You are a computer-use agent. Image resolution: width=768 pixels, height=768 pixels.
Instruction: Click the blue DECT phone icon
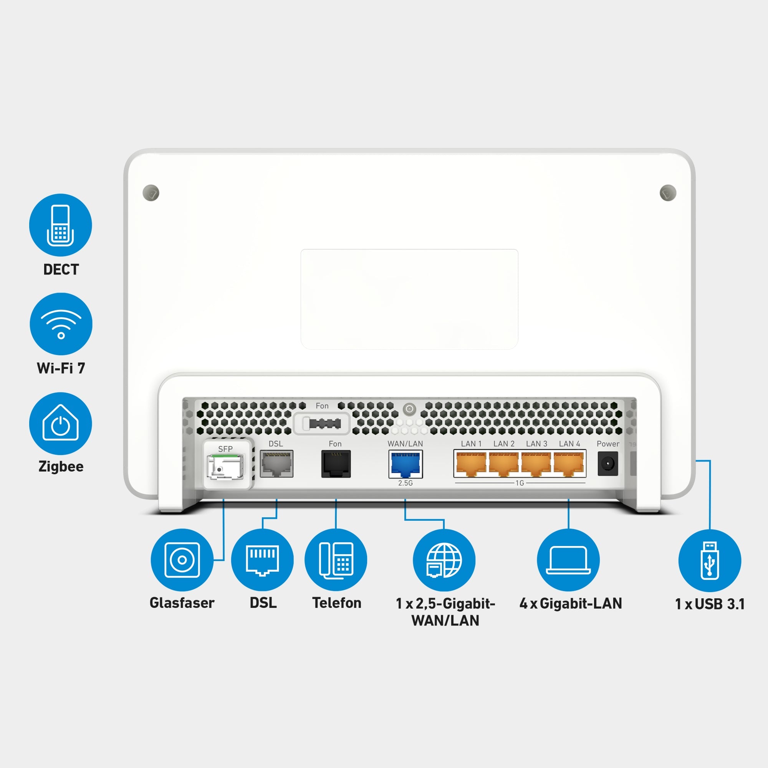[60, 225]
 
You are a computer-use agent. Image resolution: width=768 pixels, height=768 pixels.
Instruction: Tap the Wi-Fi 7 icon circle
[61, 324]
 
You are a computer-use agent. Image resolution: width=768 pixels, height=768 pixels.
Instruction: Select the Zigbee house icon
[60, 423]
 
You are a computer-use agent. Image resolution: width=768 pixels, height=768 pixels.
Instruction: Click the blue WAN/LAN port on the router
[406, 464]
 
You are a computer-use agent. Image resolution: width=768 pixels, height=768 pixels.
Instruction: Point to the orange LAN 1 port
[471, 464]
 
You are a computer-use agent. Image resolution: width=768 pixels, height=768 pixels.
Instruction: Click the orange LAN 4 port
[569, 464]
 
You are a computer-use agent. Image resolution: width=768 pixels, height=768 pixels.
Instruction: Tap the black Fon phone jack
[336, 463]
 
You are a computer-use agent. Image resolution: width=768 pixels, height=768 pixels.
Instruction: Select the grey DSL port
[276, 463]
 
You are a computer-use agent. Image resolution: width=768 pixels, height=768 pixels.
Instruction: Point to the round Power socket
[608, 463]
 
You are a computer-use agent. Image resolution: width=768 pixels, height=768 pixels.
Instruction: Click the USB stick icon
[710, 561]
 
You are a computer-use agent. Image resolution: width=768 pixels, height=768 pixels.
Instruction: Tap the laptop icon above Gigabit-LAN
[568, 560]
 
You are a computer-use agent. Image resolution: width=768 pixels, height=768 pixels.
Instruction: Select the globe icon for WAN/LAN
[444, 560]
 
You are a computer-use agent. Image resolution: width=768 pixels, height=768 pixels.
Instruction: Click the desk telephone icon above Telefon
[336, 560]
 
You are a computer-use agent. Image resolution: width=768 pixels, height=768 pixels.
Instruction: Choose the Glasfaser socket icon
[182, 560]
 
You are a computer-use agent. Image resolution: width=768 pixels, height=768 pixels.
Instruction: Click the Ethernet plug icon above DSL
[262, 560]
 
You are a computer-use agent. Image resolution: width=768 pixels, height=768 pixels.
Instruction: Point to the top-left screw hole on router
[151, 193]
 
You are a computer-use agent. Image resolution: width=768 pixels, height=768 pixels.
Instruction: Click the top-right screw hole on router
[668, 193]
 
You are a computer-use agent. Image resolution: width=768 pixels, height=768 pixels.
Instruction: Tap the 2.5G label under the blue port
[406, 483]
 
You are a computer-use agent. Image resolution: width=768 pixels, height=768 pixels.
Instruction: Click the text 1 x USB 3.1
[710, 604]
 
